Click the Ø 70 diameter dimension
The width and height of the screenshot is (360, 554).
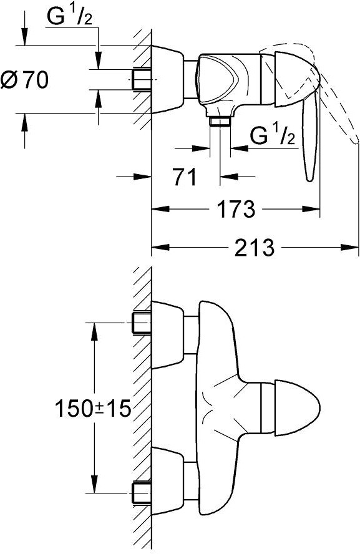point(24,79)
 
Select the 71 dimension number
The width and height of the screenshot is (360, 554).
point(184,177)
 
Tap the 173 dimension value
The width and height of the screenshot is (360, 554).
point(235,209)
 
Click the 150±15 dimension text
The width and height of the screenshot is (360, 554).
point(93,409)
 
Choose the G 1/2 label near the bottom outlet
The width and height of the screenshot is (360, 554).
point(273,135)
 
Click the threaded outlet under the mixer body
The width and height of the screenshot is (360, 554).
point(220,122)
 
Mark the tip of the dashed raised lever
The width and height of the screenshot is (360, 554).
point(356,142)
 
